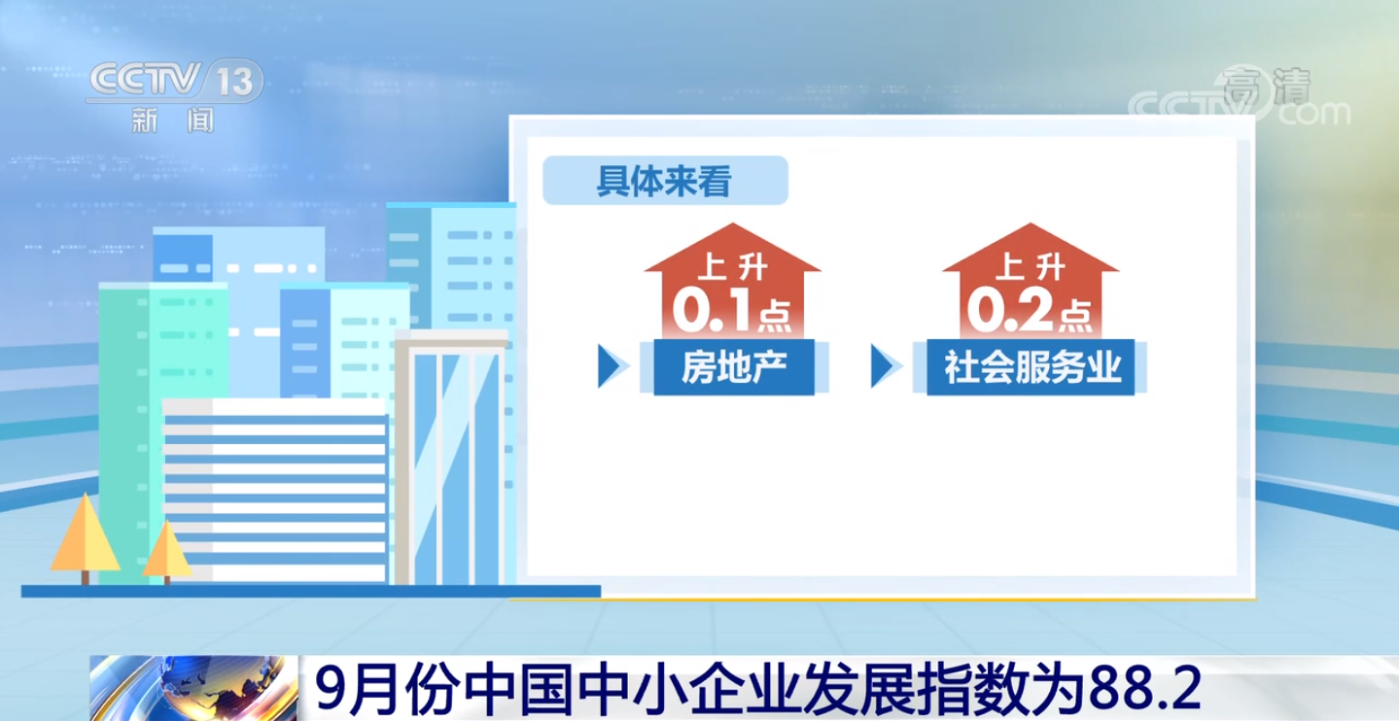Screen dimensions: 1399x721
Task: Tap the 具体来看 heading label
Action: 665,181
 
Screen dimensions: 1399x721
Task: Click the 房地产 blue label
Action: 734,367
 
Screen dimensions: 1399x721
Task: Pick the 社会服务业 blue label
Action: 1031,367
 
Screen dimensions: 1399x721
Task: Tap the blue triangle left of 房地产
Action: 611,366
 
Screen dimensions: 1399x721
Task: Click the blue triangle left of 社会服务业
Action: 884,366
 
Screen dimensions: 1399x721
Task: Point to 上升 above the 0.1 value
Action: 733,266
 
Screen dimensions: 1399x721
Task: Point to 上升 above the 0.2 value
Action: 1031,266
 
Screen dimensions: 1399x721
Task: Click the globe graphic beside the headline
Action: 193,688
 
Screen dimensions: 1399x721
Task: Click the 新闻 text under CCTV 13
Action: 173,120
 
